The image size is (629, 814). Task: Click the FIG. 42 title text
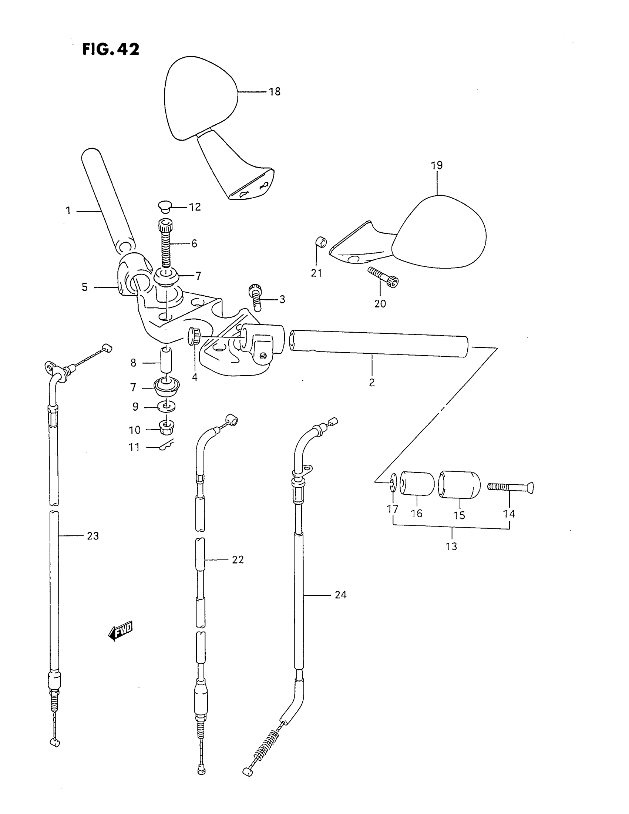[x=111, y=49]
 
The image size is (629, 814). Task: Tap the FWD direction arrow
[x=120, y=631]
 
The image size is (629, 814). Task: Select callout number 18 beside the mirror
[x=275, y=92]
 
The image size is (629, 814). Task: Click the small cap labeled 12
[x=164, y=206]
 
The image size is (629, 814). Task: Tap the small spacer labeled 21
[x=321, y=242]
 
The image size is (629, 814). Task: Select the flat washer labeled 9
[x=166, y=406]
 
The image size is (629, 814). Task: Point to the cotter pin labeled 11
[x=166, y=444]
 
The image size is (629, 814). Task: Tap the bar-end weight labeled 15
[x=459, y=484]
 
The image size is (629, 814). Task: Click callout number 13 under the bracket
[x=451, y=546]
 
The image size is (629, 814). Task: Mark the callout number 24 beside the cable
[x=340, y=595]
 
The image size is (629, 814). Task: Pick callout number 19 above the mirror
[x=437, y=165]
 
